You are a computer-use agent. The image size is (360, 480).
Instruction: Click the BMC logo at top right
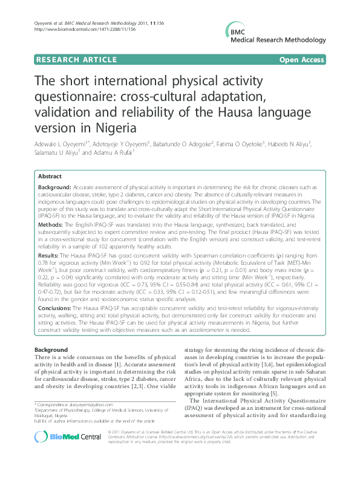235,33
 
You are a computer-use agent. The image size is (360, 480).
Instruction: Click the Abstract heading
50,176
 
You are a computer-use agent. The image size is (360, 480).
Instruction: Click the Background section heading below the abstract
51,351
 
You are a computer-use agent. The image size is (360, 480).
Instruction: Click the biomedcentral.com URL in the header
76,29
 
